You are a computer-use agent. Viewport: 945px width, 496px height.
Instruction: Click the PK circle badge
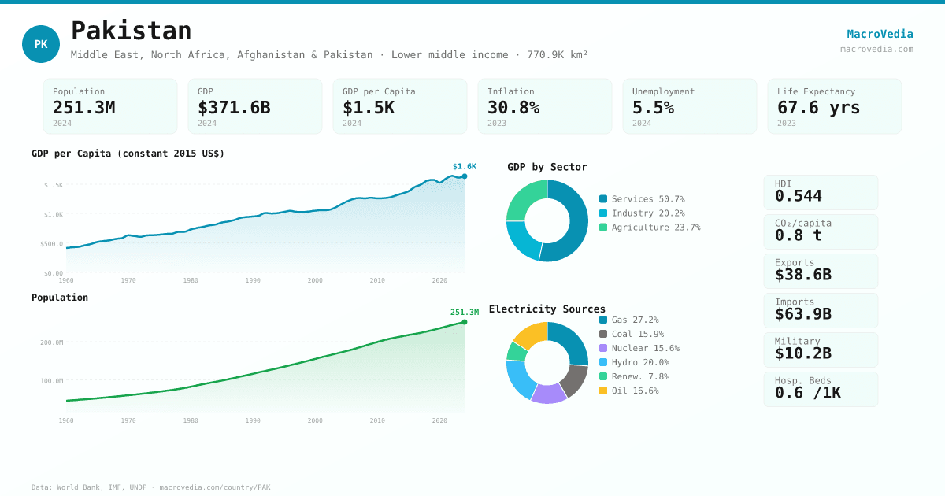pos(41,44)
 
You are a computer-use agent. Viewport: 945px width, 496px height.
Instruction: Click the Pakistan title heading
pos(131,31)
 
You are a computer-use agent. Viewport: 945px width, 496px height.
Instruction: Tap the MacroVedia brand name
pos(880,34)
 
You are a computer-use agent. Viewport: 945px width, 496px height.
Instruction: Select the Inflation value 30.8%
pos(513,107)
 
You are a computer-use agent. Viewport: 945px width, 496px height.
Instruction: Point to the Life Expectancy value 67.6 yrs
pos(818,107)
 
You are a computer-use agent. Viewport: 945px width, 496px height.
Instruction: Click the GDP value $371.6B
pos(233,107)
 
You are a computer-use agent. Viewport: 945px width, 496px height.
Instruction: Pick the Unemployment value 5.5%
pos(653,107)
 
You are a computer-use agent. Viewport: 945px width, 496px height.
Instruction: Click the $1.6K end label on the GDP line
pos(464,167)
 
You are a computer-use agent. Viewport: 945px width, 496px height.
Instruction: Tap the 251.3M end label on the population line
pos(464,313)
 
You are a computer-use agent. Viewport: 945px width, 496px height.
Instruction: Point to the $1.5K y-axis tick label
pos(54,185)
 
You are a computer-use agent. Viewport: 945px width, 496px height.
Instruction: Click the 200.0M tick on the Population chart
pos(52,342)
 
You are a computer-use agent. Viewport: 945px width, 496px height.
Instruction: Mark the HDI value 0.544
pos(798,196)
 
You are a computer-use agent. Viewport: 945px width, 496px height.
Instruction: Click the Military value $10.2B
pos(802,353)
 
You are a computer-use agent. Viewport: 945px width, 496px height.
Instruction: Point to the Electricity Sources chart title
pos(547,309)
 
